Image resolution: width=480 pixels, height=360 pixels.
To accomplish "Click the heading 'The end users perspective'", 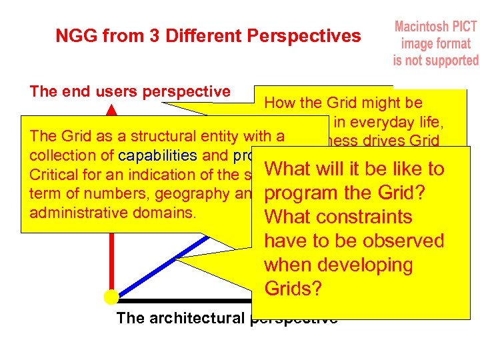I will [x=130, y=92].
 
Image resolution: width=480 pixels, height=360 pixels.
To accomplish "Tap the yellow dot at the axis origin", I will [x=111, y=297].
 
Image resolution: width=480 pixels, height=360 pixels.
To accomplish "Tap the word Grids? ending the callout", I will [x=293, y=289].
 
